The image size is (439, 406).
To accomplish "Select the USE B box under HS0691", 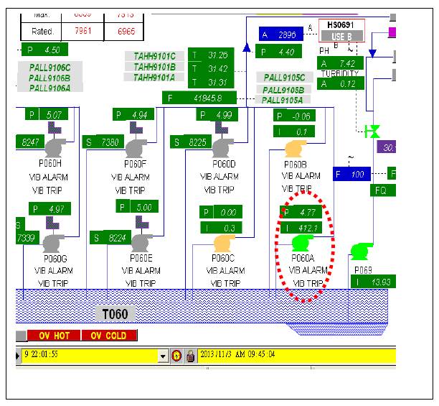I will click(341, 36).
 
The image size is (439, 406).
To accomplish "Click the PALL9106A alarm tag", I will click(49, 88).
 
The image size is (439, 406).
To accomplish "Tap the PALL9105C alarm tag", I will click(284, 78).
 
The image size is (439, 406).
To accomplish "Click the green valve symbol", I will click(372, 131).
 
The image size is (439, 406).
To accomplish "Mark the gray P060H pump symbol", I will click(55, 147).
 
